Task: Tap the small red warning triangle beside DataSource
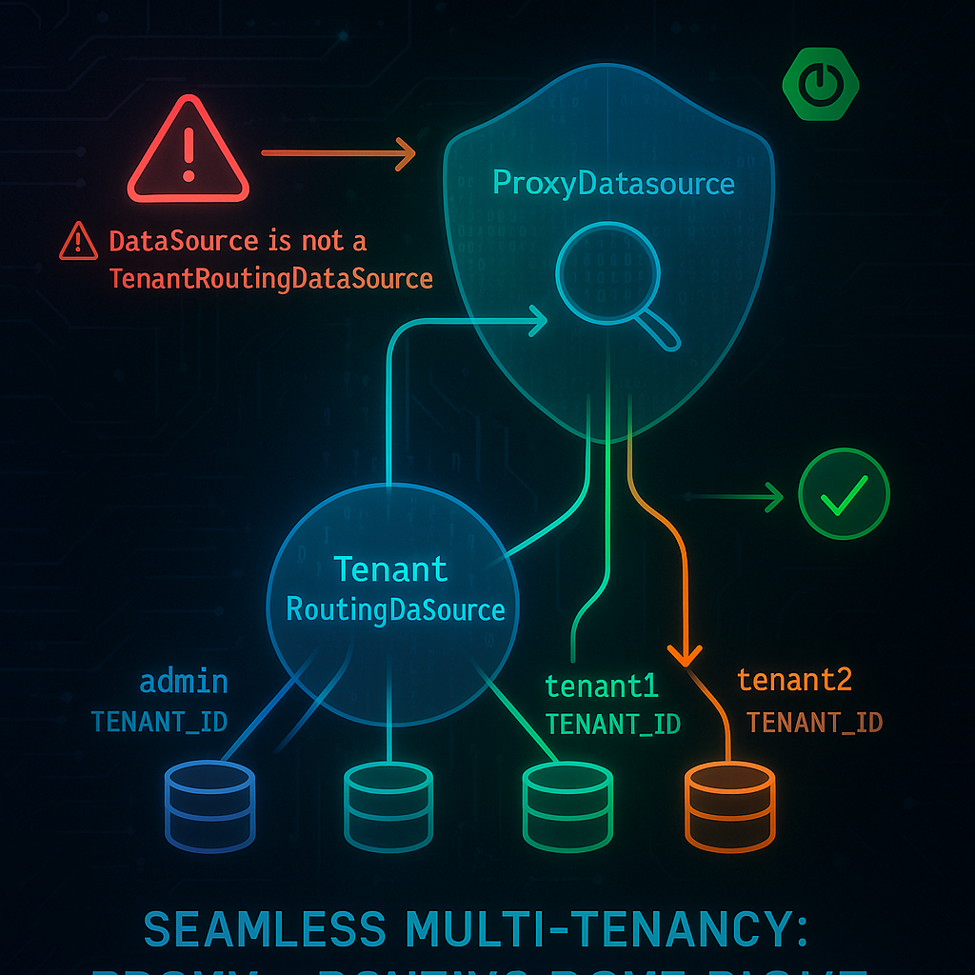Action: pyautogui.click(x=78, y=242)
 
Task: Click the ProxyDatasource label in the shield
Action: pyautogui.click(x=613, y=182)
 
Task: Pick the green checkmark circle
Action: pyautogui.click(x=844, y=495)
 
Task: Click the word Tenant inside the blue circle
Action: pyautogui.click(x=390, y=569)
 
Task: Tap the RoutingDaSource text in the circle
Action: pyautogui.click(x=395, y=609)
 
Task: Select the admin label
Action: pyautogui.click(x=184, y=682)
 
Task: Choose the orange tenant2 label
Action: pyautogui.click(x=794, y=680)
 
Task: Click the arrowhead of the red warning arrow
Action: pyautogui.click(x=405, y=152)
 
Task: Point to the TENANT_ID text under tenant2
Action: pyautogui.click(x=814, y=723)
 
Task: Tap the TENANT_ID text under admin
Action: pyautogui.click(x=159, y=721)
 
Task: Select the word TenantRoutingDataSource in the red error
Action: pyautogui.click(x=270, y=279)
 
